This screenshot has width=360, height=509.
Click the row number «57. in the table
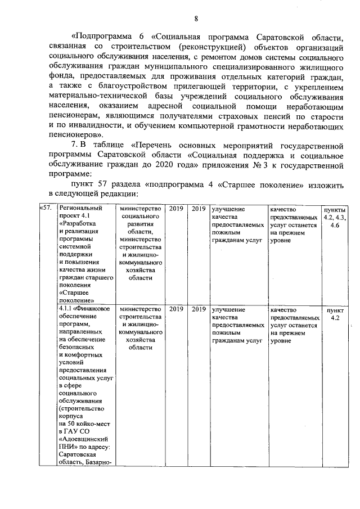click(47, 208)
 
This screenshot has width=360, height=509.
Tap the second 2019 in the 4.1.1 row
click(198, 309)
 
